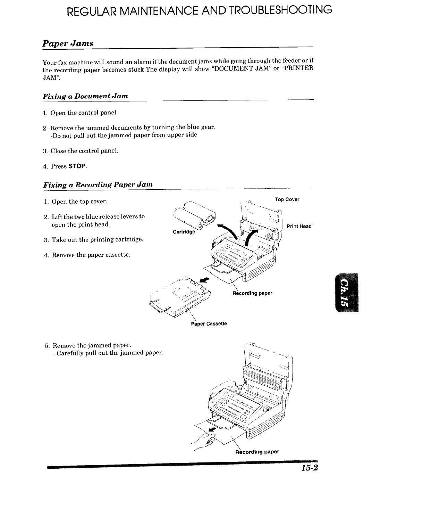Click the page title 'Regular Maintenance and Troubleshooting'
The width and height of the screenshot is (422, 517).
click(200, 11)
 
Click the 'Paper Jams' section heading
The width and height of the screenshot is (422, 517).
click(68, 43)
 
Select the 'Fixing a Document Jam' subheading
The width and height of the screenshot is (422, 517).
click(85, 96)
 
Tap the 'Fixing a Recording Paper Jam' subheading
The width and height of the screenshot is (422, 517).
click(98, 184)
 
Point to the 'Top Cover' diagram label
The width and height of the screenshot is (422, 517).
click(287, 199)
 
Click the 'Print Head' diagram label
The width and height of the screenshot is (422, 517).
click(299, 227)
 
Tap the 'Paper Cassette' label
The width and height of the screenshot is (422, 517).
click(209, 324)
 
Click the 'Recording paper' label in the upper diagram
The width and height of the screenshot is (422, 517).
click(252, 293)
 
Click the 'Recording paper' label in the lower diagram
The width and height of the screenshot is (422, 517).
click(257, 452)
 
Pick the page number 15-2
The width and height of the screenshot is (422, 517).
click(309, 468)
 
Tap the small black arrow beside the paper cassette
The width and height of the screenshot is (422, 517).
click(205, 279)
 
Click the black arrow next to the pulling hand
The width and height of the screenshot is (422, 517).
click(212, 430)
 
